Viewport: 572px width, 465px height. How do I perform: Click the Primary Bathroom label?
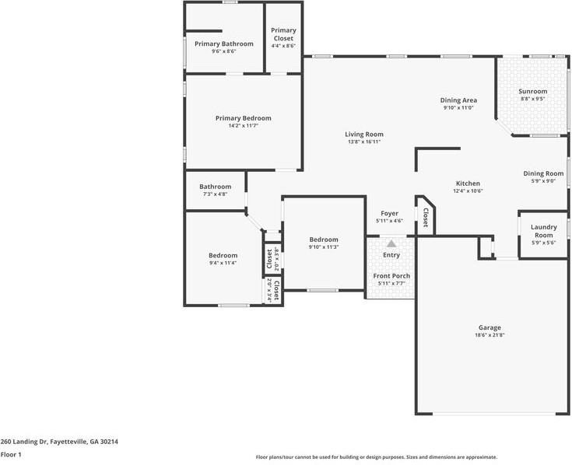(224, 44)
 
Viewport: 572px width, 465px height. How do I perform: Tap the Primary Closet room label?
(283, 34)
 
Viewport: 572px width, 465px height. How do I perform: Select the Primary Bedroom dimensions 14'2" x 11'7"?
(244, 126)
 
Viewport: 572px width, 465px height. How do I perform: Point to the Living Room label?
(364, 135)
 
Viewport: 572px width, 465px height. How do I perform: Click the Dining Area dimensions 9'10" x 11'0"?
(458, 107)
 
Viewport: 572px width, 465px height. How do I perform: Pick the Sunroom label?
(533, 91)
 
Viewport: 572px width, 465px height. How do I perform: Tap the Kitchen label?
(468, 184)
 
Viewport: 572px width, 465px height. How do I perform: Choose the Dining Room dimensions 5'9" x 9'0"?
(543, 181)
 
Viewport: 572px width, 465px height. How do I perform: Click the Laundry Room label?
(543, 231)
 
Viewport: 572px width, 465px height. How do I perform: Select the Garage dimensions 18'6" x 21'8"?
(490, 335)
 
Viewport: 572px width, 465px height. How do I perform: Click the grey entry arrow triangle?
(391, 243)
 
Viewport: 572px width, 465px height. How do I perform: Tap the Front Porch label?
(391, 276)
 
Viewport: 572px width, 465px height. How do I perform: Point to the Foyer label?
(389, 213)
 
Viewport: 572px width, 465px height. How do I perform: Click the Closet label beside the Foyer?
(426, 218)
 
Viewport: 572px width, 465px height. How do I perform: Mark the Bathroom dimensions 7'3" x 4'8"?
(216, 194)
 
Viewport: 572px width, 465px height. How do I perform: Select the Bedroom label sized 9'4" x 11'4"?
(223, 255)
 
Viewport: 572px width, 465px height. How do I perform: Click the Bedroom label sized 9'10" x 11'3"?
(324, 239)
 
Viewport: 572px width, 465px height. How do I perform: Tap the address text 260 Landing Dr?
(59, 441)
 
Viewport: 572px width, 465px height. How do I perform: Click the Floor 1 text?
(11, 454)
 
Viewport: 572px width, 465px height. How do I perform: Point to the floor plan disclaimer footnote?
(377, 457)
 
